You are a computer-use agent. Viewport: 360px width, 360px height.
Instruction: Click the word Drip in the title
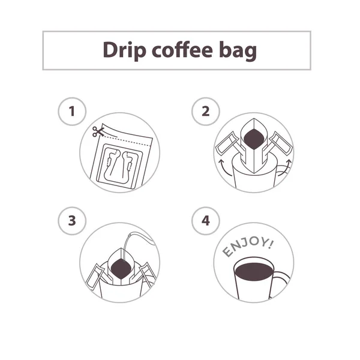[124, 50]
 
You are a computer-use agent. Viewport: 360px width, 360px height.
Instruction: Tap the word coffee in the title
[182, 49]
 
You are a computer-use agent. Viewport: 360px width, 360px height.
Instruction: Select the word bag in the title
[238, 51]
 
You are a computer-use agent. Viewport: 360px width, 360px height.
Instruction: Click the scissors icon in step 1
[98, 132]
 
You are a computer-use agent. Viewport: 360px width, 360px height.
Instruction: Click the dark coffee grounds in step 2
[254, 139]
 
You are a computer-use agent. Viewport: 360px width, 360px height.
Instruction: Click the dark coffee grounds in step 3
[121, 268]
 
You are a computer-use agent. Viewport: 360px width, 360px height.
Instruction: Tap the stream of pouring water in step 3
[126, 247]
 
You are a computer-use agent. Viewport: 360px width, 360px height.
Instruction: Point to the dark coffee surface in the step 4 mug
[254, 272]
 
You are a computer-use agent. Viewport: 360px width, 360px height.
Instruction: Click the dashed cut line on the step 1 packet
[125, 140]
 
